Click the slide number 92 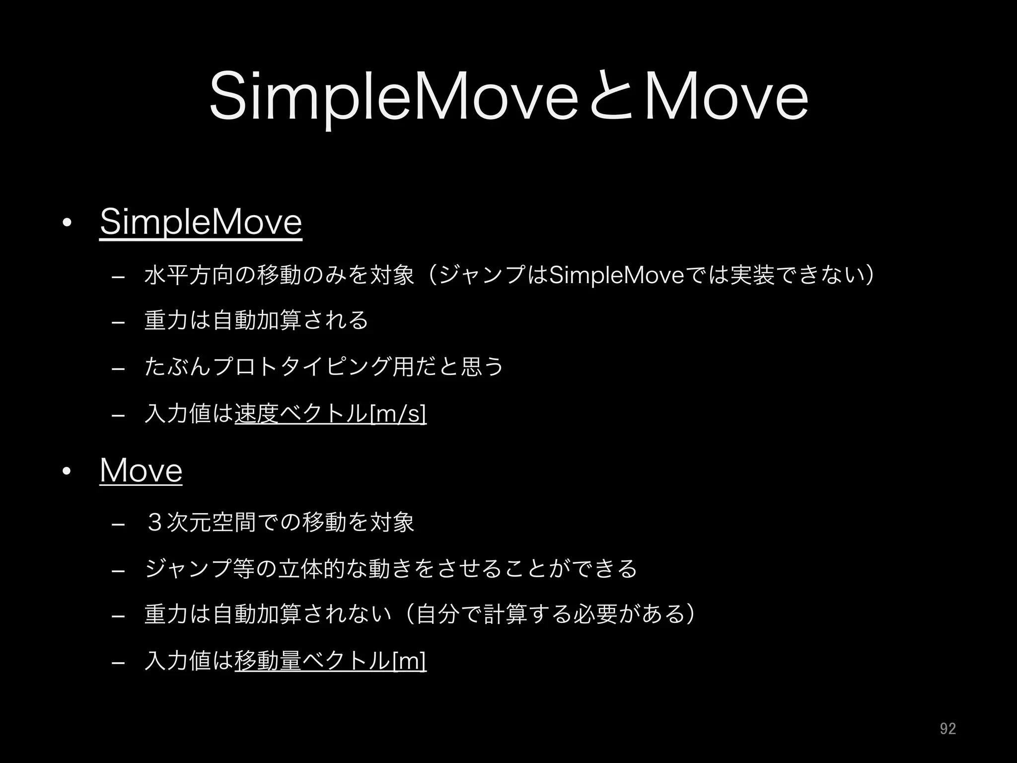pos(947,729)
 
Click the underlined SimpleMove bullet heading pos(201,223)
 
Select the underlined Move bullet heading pos(141,470)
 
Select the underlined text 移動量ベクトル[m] pos(330,661)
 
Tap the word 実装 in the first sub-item pos(753,276)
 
